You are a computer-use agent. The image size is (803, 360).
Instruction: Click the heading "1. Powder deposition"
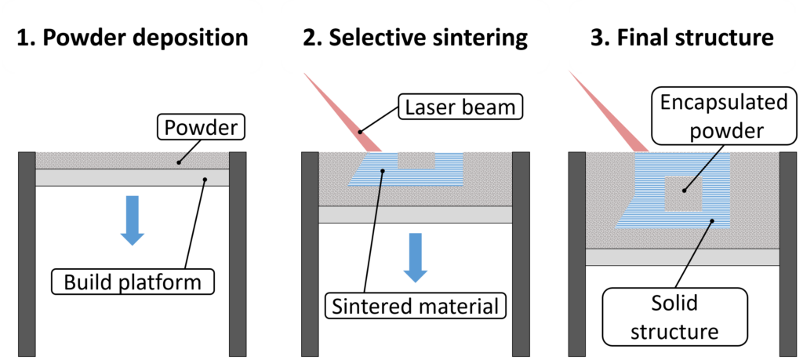(131, 37)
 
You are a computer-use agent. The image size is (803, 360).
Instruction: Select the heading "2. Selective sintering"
(416, 37)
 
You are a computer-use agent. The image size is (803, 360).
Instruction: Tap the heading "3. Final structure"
(682, 37)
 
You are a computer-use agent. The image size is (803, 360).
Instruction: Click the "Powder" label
(201, 127)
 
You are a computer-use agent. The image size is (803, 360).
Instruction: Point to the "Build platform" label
(133, 282)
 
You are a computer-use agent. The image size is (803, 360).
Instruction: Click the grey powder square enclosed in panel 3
(682, 193)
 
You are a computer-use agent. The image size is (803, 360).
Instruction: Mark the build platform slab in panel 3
(682, 257)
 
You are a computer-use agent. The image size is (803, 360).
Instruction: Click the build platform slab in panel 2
(416, 214)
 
